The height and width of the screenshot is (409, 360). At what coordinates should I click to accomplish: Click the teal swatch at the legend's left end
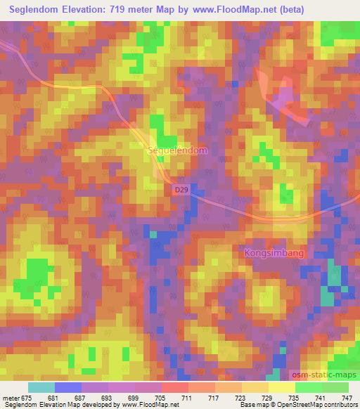pos(41,387)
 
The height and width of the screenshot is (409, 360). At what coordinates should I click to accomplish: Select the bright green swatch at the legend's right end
pos(335,387)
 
